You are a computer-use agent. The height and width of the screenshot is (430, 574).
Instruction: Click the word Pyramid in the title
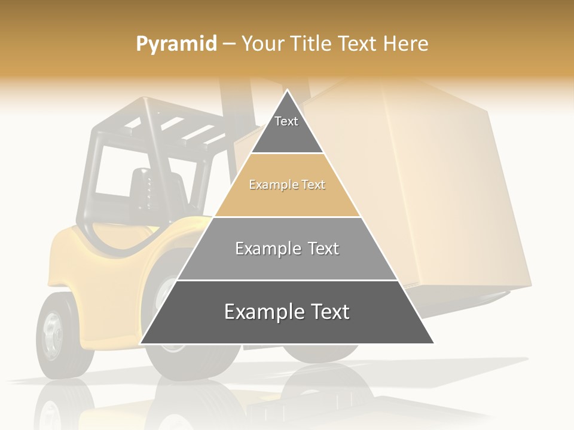click(176, 44)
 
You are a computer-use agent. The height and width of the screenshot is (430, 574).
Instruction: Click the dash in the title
click(229, 44)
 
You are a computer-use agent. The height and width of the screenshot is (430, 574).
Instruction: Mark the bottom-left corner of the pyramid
click(141, 343)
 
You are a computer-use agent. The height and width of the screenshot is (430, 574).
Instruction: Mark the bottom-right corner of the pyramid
click(433, 343)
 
